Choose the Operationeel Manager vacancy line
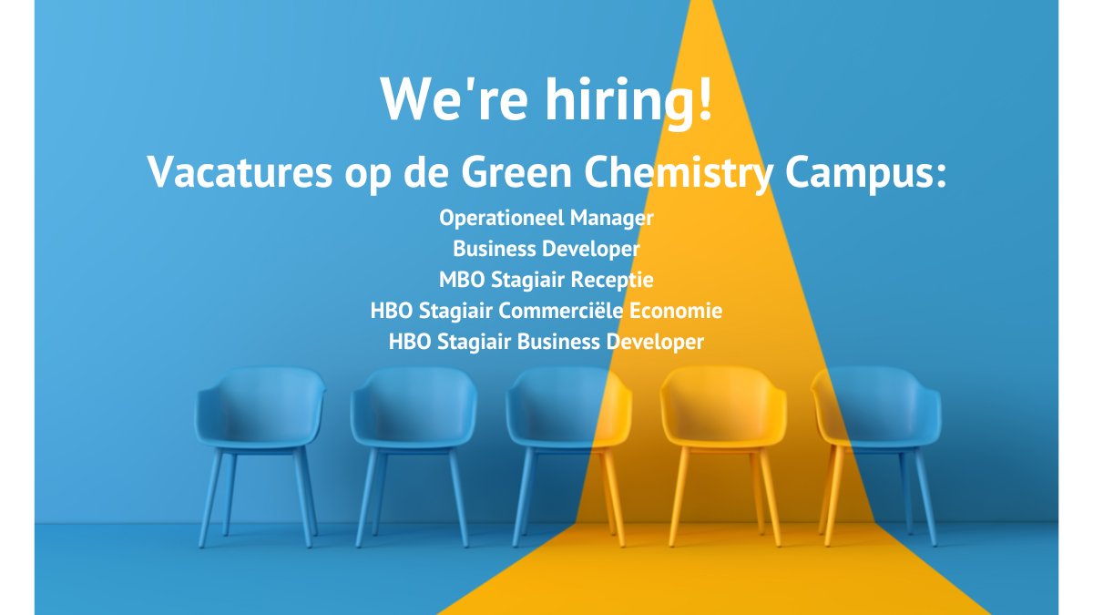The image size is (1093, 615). tap(546, 219)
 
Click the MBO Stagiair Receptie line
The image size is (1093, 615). tap(546, 279)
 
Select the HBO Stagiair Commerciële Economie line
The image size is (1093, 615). tap(546, 311)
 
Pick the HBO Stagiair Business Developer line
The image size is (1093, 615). tap(546, 343)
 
